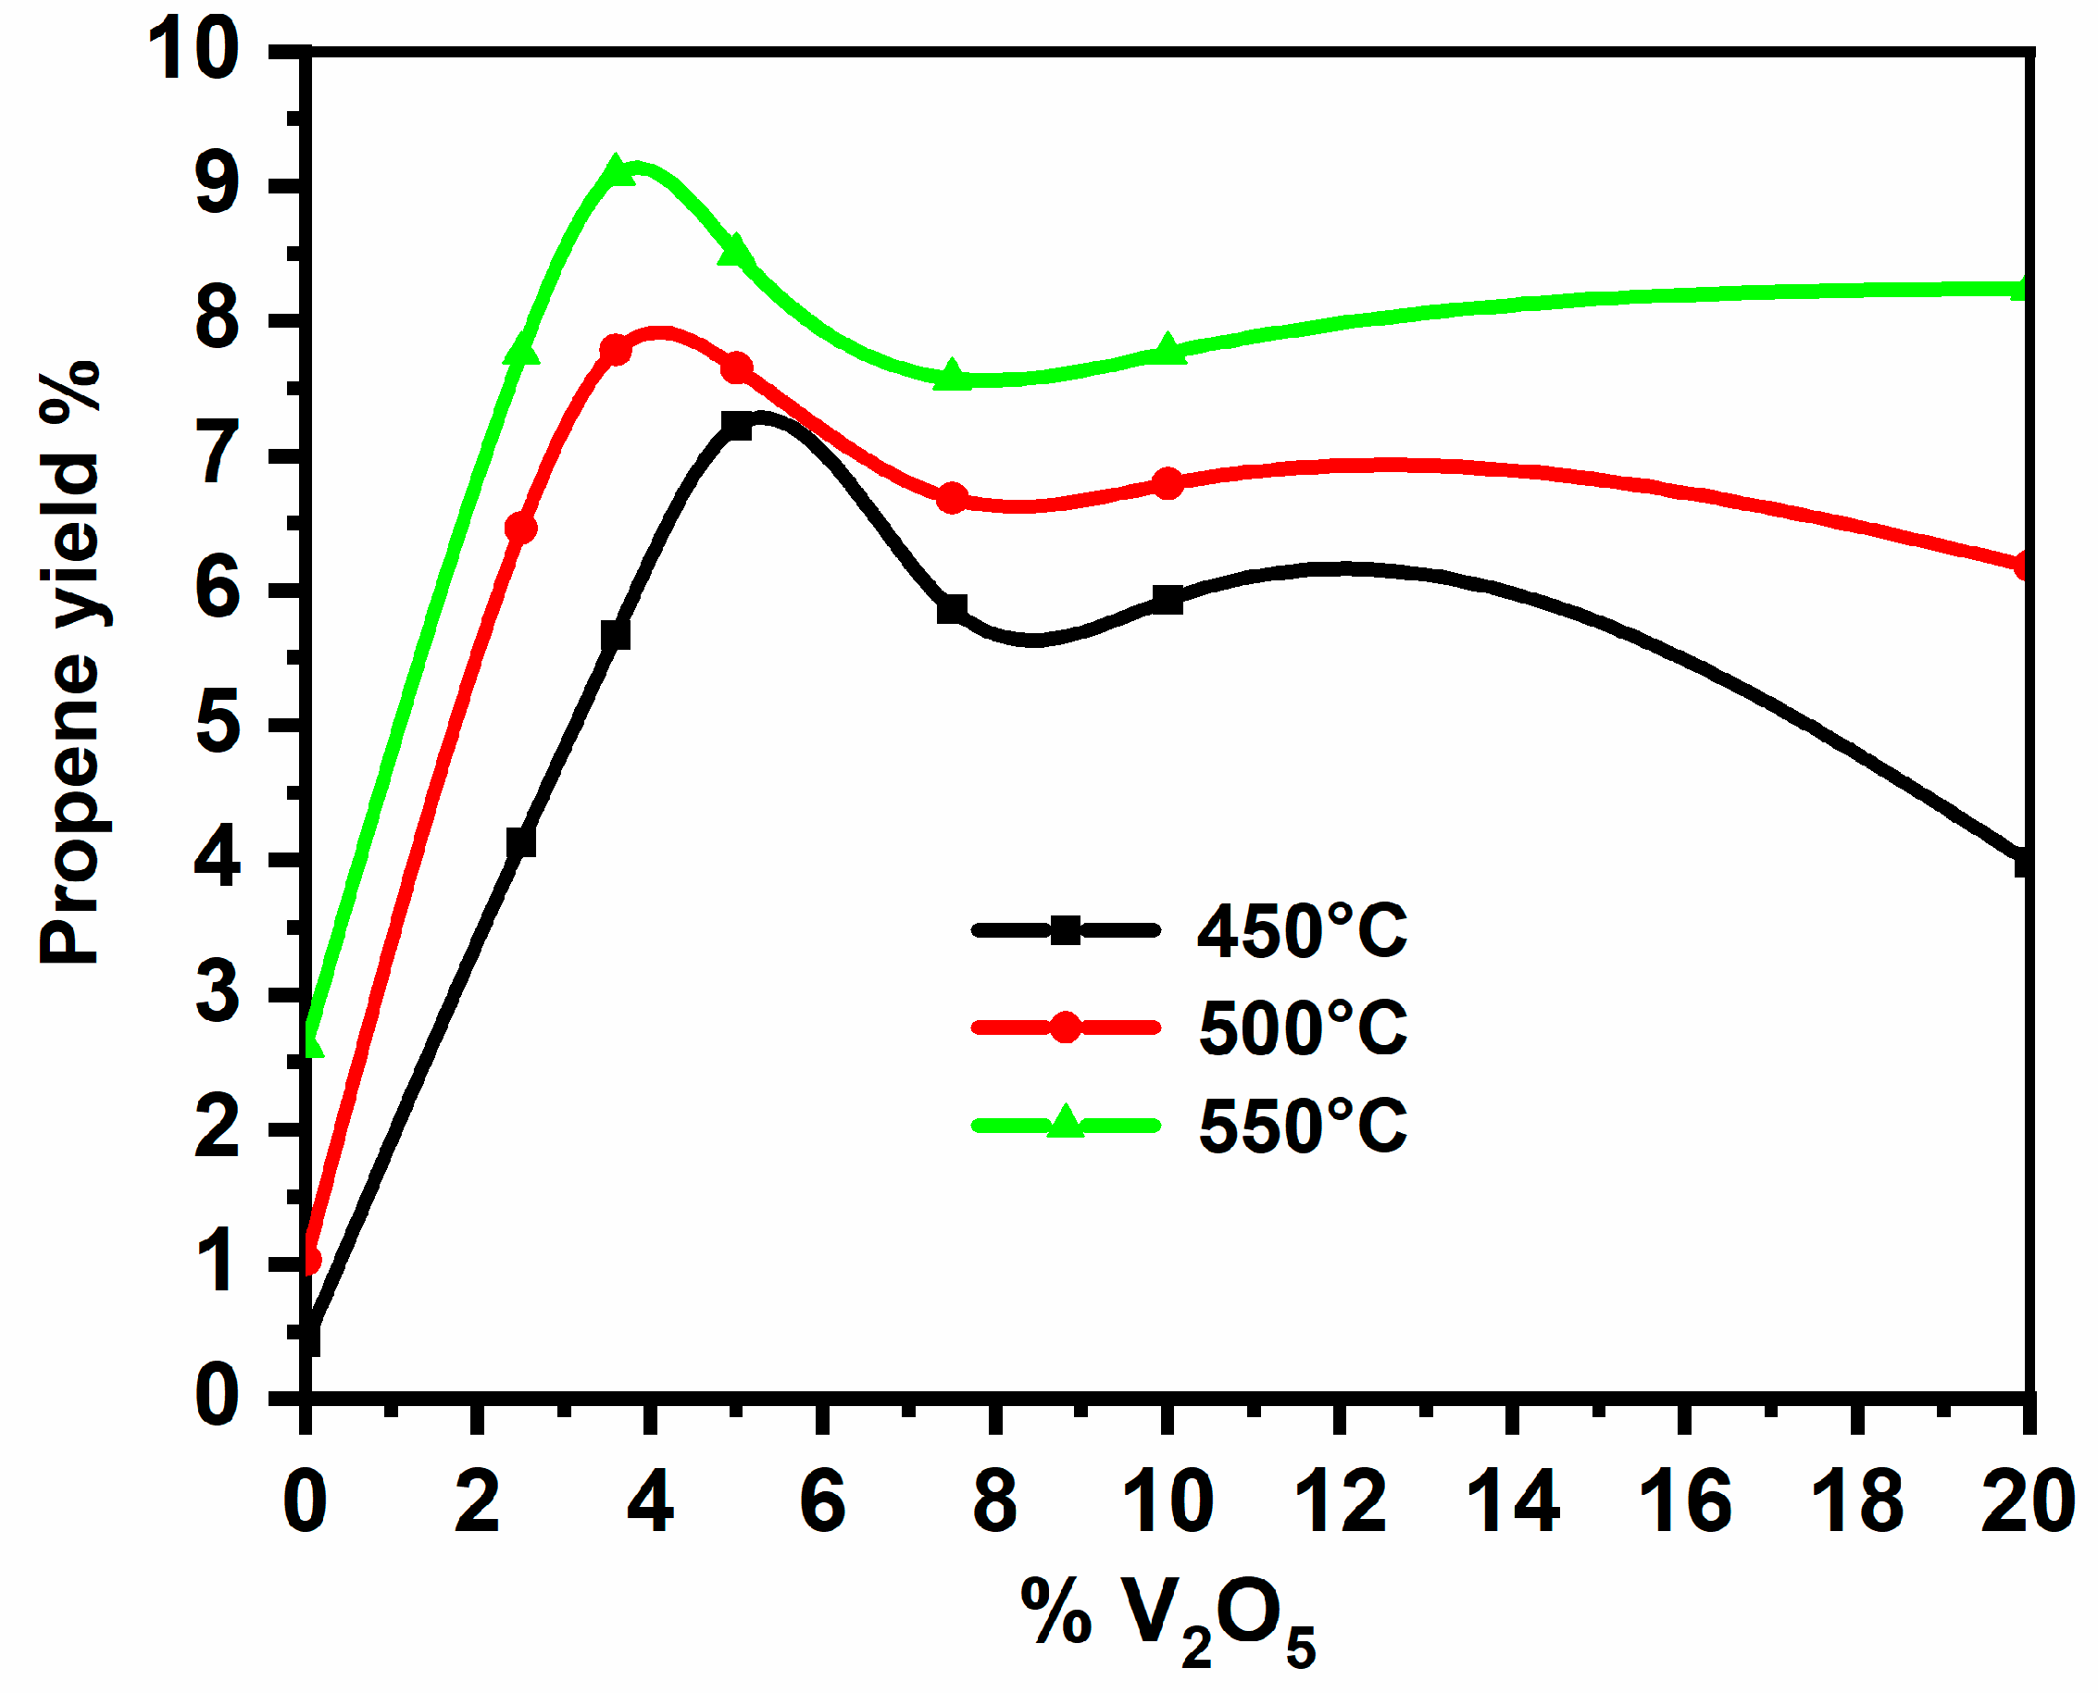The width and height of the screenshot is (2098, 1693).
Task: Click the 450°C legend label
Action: (x=1301, y=930)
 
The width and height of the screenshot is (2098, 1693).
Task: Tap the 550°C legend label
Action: (x=1301, y=1126)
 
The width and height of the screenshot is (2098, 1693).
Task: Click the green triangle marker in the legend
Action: (x=1065, y=1123)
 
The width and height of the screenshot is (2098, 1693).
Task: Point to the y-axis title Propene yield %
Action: (x=70, y=663)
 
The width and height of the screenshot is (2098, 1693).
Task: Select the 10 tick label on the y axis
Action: (x=193, y=51)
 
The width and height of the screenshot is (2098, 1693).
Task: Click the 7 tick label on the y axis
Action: (x=219, y=455)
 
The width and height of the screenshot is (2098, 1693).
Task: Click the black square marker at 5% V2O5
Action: (x=736, y=425)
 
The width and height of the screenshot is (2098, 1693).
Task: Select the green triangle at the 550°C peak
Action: (x=616, y=172)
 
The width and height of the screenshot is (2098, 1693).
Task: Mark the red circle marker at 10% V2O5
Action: (x=1168, y=483)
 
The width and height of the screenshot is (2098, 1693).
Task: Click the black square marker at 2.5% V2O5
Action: (x=521, y=841)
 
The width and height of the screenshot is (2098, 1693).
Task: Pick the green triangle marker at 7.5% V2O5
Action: (x=952, y=376)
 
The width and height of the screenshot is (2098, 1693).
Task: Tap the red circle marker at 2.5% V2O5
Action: (x=521, y=528)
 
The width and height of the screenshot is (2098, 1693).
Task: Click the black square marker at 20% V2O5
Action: (x=2023, y=863)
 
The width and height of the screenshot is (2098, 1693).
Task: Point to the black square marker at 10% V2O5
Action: (x=1167, y=600)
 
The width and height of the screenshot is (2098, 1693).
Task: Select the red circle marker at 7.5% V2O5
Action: (x=952, y=498)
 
